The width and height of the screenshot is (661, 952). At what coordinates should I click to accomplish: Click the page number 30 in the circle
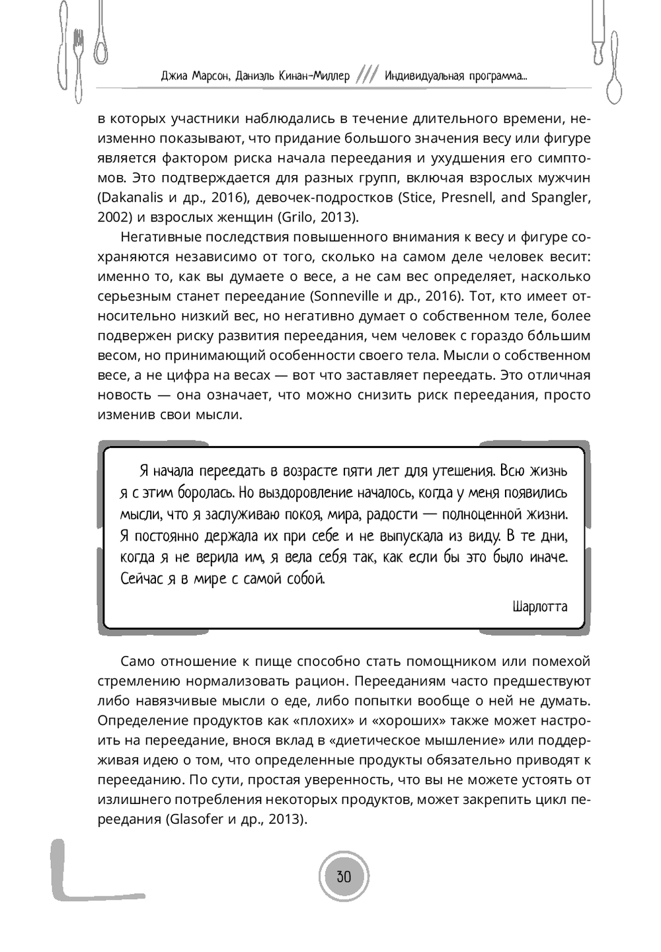click(344, 877)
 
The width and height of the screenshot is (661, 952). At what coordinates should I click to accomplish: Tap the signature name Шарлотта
click(539, 606)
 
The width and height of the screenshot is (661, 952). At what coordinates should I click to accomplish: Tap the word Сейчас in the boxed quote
click(141, 579)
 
